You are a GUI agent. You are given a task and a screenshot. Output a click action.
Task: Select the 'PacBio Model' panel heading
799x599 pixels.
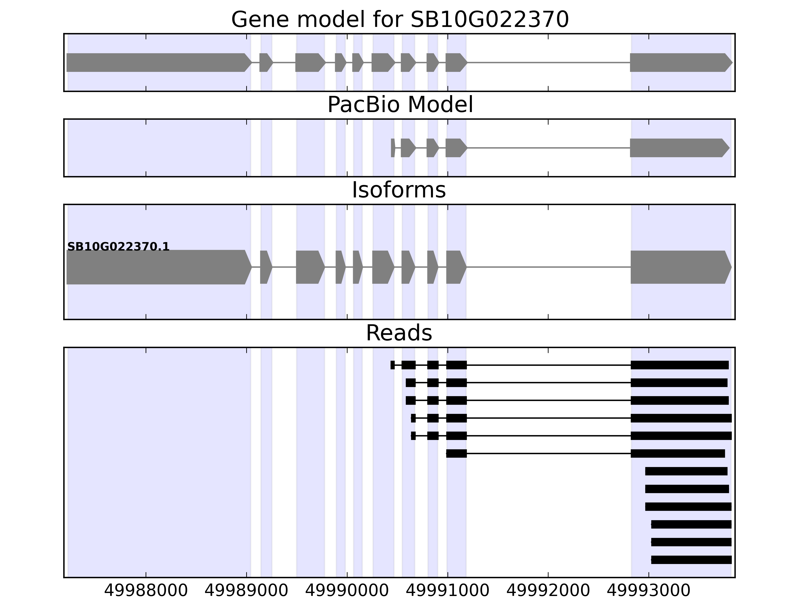tap(399, 105)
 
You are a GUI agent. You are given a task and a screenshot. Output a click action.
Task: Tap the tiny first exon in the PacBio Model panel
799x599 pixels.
tap(393, 148)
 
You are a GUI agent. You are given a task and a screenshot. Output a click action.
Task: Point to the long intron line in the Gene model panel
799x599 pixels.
tap(548, 62)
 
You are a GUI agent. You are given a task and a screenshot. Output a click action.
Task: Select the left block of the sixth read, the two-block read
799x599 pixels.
tap(456, 453)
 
